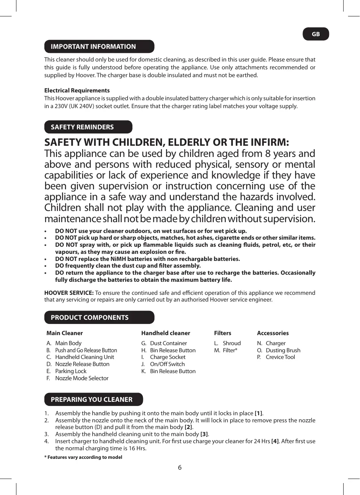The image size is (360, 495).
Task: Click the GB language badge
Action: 316,34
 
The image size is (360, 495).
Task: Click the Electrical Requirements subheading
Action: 77,91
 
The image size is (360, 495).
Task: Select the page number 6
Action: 180,467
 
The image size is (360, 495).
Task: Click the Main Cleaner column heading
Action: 65,333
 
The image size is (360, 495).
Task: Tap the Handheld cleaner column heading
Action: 166,333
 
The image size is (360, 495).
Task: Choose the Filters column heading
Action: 223,333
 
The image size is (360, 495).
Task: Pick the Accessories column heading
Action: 273,333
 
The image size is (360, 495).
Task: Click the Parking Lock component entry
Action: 71,371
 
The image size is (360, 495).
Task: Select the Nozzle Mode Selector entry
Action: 82,378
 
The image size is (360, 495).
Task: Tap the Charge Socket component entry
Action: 168,357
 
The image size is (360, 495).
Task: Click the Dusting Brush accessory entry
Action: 283,350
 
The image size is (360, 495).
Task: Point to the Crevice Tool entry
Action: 280,357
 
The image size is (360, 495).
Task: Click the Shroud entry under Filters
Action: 232,343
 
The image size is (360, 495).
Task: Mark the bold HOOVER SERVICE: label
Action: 69,293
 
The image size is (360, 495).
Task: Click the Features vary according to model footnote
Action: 83,457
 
